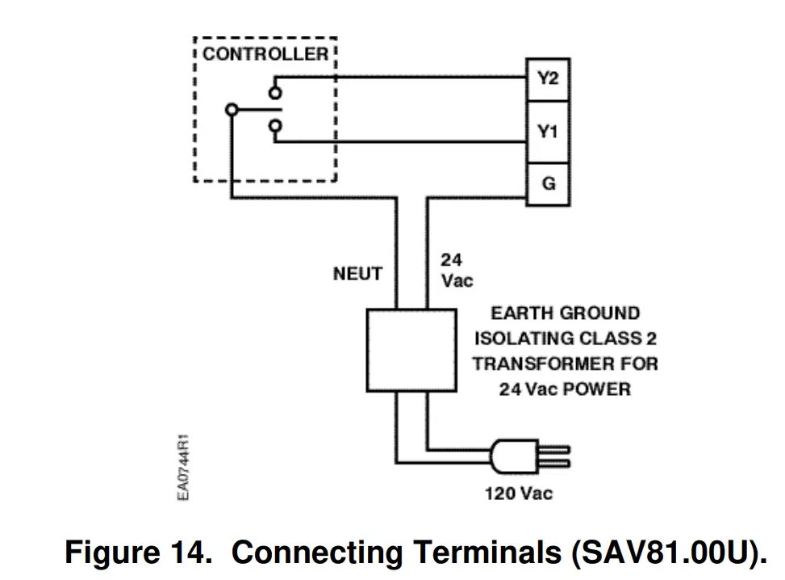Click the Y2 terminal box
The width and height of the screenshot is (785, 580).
tap(548, 79)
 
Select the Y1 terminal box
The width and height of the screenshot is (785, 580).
tap(548, 131)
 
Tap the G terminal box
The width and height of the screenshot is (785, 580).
tap(548, 183)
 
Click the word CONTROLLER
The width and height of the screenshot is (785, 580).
tap(265, 55)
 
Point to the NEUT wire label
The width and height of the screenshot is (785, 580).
tap(357, 274)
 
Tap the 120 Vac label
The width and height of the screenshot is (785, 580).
tap(519, 493)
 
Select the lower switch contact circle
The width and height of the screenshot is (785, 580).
tap(276, 125)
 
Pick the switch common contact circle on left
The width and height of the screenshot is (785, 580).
tap(232, 109)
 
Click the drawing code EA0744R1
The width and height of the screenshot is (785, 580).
tap(184, 469)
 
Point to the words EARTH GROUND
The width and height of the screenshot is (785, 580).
tap(565, 313)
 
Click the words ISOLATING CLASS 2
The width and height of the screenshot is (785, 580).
tap(566, 338)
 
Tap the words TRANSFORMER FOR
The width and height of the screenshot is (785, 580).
tap(566, 364)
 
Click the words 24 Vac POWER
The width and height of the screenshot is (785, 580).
tap(565, 389)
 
